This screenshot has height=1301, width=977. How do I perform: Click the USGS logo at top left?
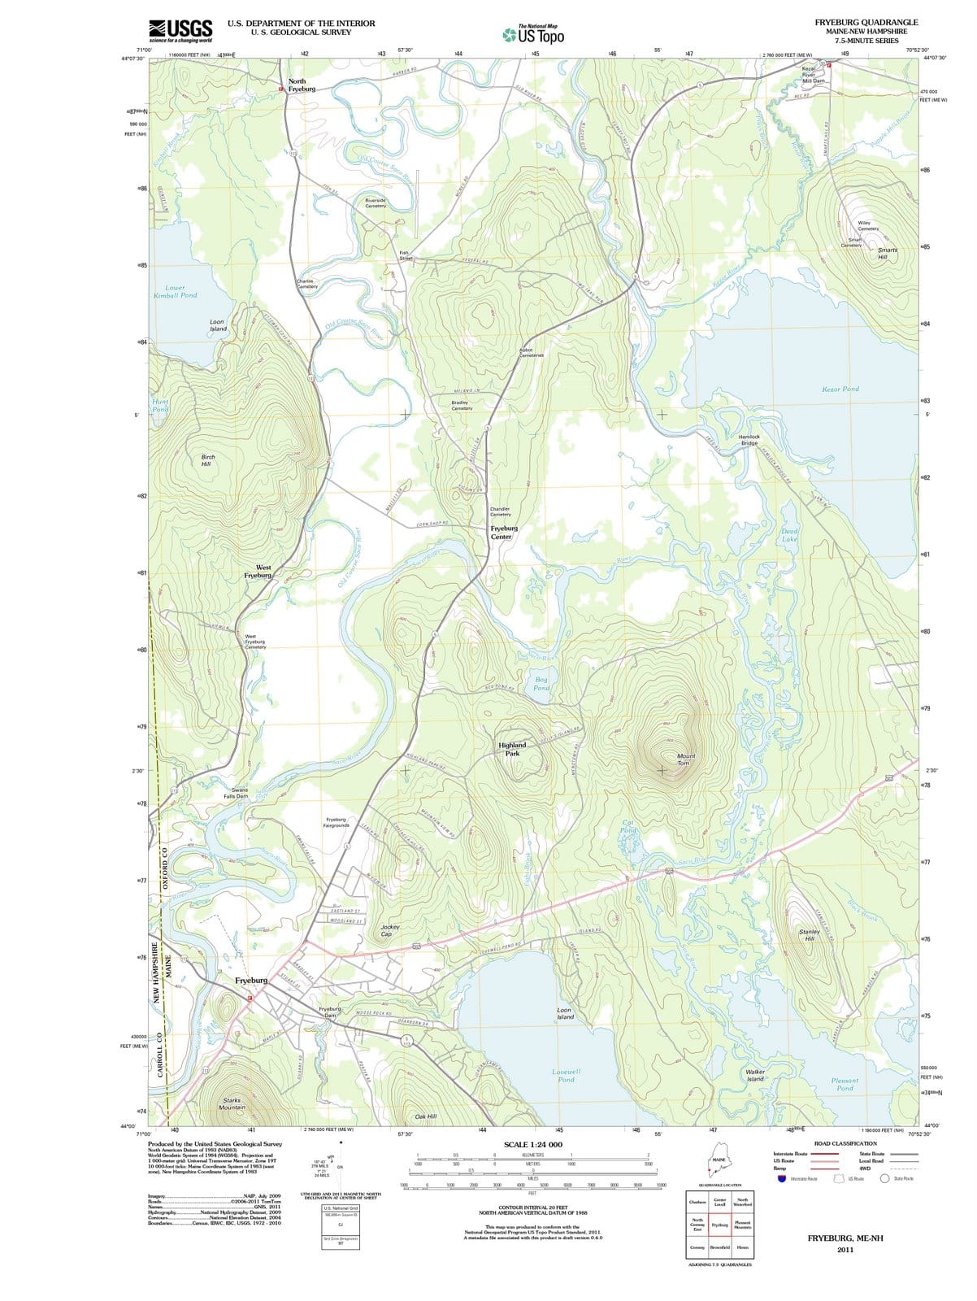click(180, 31)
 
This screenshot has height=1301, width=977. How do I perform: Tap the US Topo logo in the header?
click(533, 34)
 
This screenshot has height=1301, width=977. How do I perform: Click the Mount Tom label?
click(685, 759)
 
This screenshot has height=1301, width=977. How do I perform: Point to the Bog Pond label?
click(541, 683)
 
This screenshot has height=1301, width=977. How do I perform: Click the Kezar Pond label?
click(840, 389)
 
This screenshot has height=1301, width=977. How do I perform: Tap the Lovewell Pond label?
click(566, 1075)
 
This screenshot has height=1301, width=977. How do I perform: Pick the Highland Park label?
click(512, 749)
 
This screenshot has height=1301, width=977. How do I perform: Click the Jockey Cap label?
click(389, 930)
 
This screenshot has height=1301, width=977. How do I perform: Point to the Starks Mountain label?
click(232, 1103)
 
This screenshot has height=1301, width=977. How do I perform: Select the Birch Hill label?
click(206, 460)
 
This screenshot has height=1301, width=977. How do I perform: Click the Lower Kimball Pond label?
click(175, 291)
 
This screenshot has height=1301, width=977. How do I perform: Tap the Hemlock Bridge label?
click(749, 440)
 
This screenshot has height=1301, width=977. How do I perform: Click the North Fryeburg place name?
click(302, 85)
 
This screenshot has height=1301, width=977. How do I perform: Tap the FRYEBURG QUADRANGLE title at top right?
click(866, 23)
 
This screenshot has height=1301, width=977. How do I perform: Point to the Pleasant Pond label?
click(845, 1084)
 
